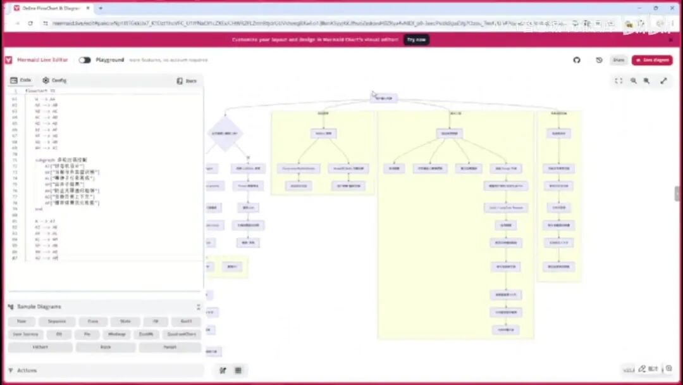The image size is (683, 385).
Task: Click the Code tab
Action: click(x=21, y=80)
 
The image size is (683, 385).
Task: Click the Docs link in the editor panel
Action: click(x=187, y=81)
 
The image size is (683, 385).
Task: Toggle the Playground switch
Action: click(x=85, y=60)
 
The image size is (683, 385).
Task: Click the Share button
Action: click(x=618, y=60)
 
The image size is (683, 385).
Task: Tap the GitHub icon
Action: click(x=577, y=60)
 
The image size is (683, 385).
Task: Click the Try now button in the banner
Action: click(x=416, y=39)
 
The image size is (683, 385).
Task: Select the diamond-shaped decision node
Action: click(x=225, y=134)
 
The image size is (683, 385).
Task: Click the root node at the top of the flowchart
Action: click(x=384, y=98)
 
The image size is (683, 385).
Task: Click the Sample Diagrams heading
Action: click(x=39, y=306)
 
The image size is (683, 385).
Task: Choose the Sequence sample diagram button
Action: click(x=56, y=322)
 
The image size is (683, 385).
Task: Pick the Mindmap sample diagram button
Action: click(x=117, y=334)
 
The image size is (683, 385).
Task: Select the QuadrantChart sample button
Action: click(x=182, y=334)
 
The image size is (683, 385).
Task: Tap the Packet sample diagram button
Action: click(x=169, y=347)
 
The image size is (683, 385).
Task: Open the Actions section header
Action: click(x=27, y=370)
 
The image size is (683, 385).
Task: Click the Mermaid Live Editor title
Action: click(x=42, y=60)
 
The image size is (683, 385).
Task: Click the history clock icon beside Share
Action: click(x=599, y=60)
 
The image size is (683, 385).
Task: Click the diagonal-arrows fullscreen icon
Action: click(x=663, y=81)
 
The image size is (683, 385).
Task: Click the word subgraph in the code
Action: click(x=44, y=160)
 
